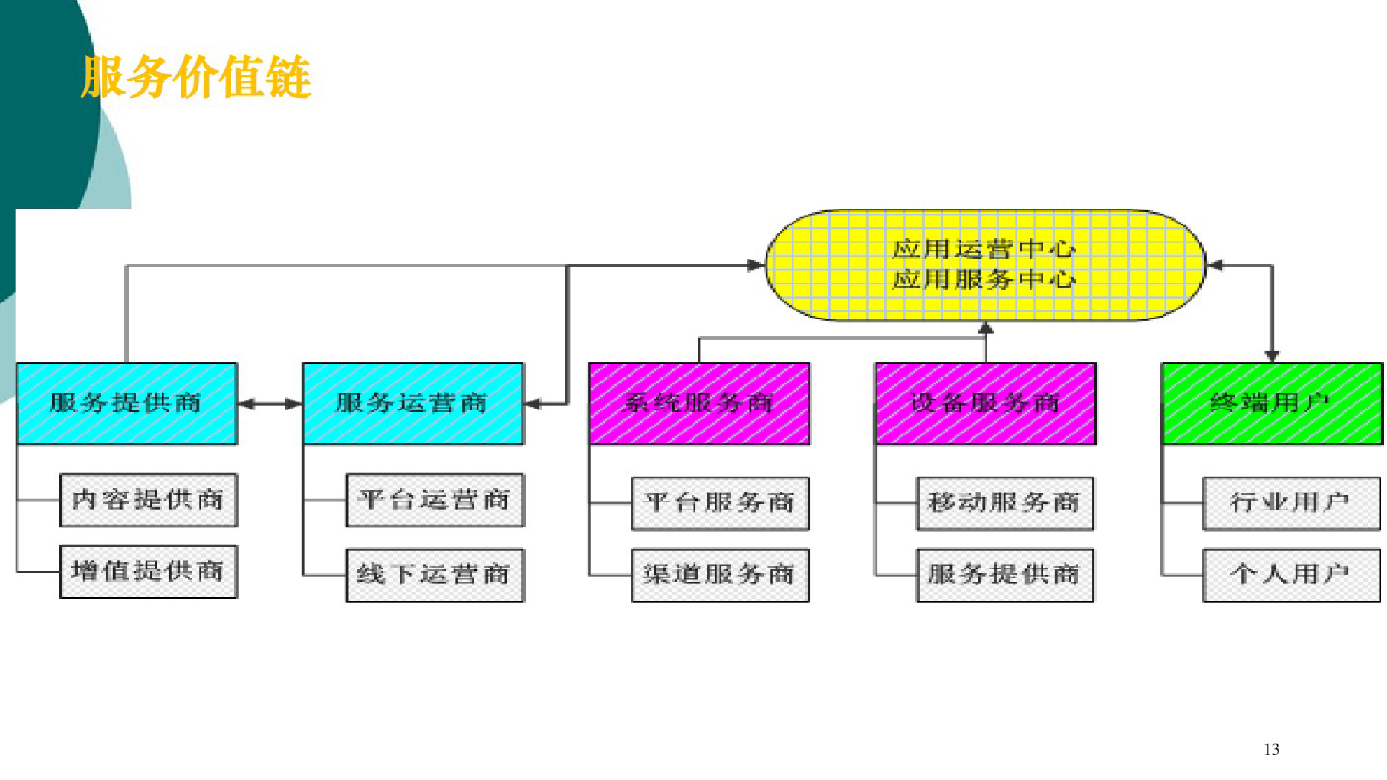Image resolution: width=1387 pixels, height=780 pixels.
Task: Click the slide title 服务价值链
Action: click(196, 77)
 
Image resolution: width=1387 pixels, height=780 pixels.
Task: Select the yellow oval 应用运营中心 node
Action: click(985, 265)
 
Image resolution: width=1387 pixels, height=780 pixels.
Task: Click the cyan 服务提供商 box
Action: click(127, 403)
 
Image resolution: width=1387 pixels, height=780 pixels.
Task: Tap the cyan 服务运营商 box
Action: click(413, 403)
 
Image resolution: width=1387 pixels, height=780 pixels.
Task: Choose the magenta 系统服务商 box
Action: click(699, 403)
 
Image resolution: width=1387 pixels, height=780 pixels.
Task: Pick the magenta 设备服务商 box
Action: click(985, 403)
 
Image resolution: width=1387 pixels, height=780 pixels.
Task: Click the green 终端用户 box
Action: click(1272, 403)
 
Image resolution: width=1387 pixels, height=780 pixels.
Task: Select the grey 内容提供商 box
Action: click(149, 500)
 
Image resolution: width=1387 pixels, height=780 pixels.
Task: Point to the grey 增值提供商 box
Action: click(149, 571)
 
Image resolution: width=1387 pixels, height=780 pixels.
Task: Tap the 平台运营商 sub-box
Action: click(435, 500)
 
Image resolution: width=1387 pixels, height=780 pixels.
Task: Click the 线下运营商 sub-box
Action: click(435, 575)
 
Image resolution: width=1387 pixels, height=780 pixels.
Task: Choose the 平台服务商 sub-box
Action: click(721, 503)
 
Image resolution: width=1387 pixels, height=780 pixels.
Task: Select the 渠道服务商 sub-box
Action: click(721, 575)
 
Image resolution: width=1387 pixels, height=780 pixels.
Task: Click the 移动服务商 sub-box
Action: click(1005, 503)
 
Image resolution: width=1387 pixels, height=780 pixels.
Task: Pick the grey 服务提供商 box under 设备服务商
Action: click(1005, 575)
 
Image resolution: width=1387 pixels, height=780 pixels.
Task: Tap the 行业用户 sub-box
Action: click(1292, 503)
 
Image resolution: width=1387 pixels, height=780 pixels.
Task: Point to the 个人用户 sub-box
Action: click(1292, 575)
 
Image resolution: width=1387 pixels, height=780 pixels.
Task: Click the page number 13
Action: click(1271, 749)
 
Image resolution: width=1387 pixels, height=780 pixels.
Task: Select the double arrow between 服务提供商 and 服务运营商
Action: click(270, 404)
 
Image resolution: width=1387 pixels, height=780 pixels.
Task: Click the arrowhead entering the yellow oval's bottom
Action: click(985, 328)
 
